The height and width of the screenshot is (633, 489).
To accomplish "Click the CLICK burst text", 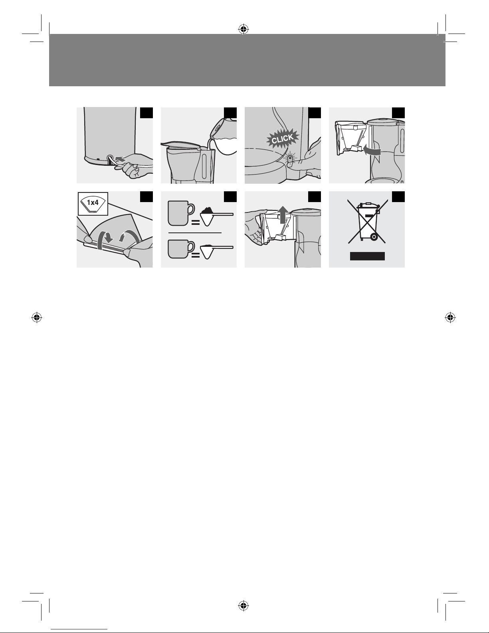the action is [x=282, y=139].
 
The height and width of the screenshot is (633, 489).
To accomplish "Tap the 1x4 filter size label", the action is [x=93, y=202].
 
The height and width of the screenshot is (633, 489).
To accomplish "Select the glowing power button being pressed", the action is [x=290, y=159].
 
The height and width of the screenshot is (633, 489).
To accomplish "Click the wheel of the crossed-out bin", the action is [x=374, y=237].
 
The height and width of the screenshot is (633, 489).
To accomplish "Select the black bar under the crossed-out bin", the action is [x=367, y=256].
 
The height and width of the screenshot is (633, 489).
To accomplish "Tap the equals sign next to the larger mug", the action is [x=196, y=223].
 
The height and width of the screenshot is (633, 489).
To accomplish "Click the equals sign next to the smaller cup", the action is [x=196, y=256].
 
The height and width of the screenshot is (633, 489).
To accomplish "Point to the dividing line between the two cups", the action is [x=195, y=233].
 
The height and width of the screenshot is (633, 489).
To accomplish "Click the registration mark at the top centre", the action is [x=244, y=29].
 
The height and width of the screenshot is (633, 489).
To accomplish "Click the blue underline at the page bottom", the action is [x=79, y=629].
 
